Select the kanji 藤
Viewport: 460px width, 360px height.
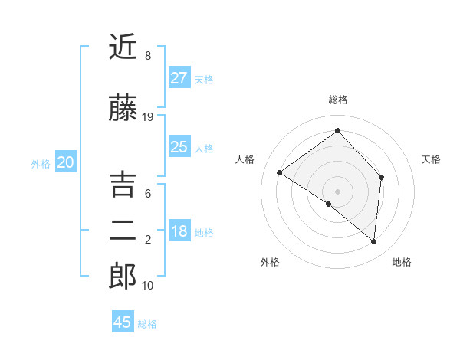click(123, 109)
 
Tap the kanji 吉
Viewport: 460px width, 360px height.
click(123, 185)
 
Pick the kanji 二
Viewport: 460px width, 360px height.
click(123, 231)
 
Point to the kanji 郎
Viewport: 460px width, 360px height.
click(123, 277)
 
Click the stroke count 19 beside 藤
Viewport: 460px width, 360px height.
click(148, 117)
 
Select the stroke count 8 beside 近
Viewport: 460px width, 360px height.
click(148, 56)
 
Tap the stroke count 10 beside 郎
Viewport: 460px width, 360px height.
click(148, 286)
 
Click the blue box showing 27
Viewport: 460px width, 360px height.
click(179, 77)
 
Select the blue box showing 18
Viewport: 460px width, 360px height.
click(179, 231)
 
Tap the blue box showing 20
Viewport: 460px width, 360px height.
click(66, 162)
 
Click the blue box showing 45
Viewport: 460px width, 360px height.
click(123, 322)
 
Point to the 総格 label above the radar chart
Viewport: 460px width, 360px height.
click(338, 100)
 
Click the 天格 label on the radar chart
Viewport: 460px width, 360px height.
click(431, 159)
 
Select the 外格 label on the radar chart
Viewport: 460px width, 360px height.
click(270, 262)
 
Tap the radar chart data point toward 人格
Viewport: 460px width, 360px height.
click(280, 173)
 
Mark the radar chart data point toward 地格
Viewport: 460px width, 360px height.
click(374, 242)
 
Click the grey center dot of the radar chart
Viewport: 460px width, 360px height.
click(338, 191)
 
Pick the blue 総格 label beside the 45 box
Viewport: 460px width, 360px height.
click(147, 324)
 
